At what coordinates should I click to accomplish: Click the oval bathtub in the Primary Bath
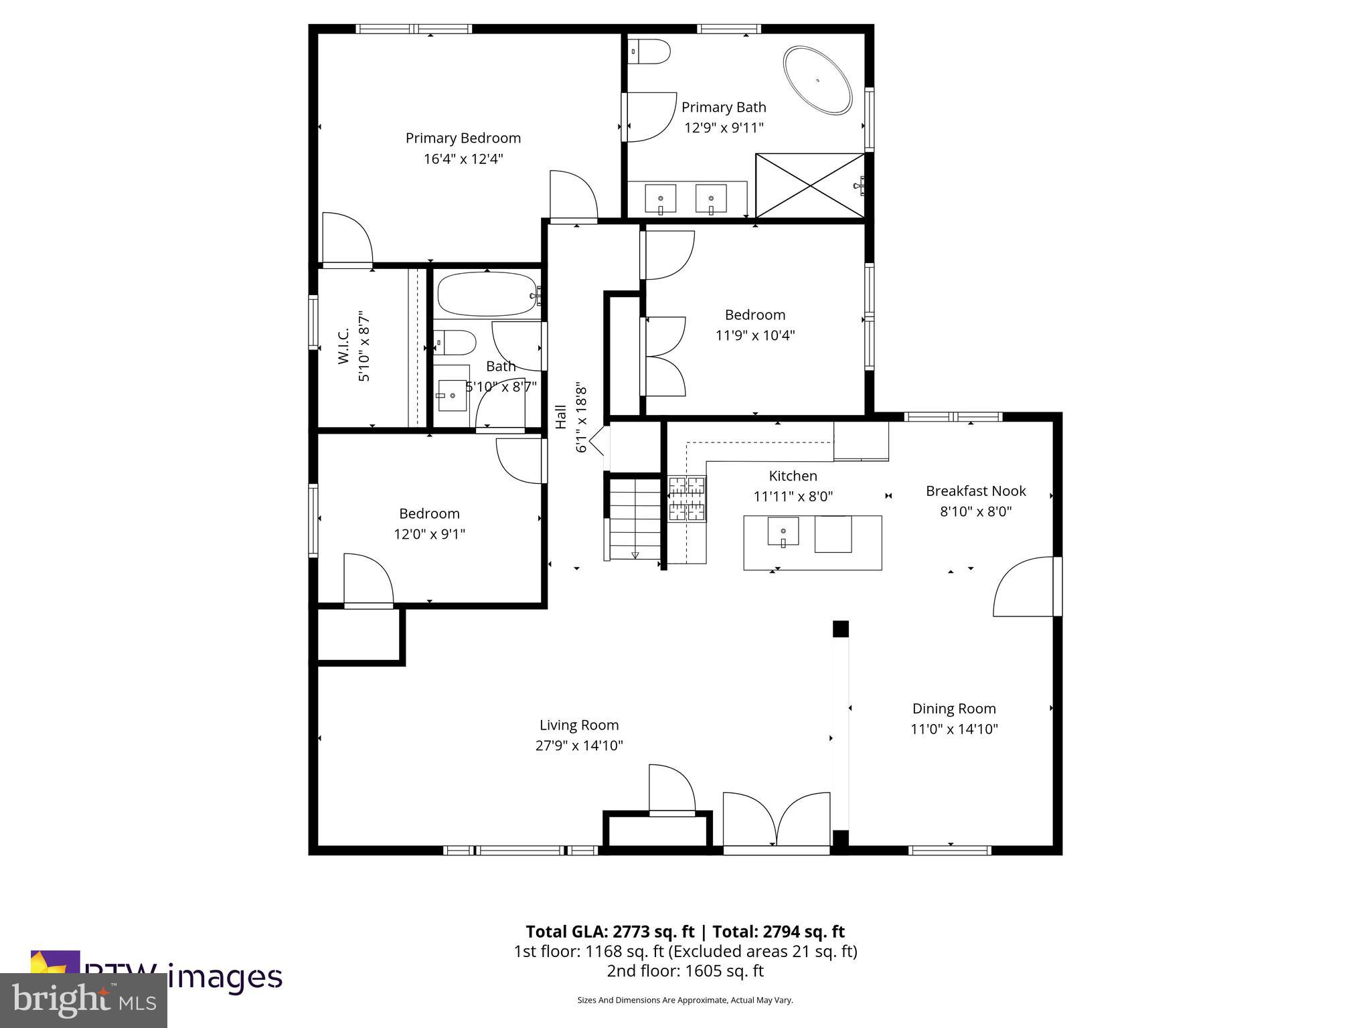click(817, 80)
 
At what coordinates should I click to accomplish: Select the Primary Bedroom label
click(463, 138)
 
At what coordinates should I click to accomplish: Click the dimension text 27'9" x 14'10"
click(579, 746)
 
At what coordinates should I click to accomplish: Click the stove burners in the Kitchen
click(687, 499)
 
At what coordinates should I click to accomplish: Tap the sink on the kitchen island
click(783, 532)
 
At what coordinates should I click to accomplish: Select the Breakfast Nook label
click(975, 491)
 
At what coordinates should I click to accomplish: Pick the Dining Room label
click(953, 708)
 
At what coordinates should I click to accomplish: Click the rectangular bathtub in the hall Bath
click(487, 294)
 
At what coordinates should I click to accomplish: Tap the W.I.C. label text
click(343, 346)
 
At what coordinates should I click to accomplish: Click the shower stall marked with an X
click(810, 185)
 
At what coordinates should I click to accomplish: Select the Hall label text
click(561, 417)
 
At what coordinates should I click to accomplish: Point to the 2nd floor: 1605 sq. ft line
click(685, 971)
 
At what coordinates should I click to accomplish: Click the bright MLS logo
click(84, 1000)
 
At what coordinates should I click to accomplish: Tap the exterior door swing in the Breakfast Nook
click(1024, 587)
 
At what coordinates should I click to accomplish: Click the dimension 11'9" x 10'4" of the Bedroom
click(754, 335)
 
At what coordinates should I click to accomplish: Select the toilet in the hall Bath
click(455, 343)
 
